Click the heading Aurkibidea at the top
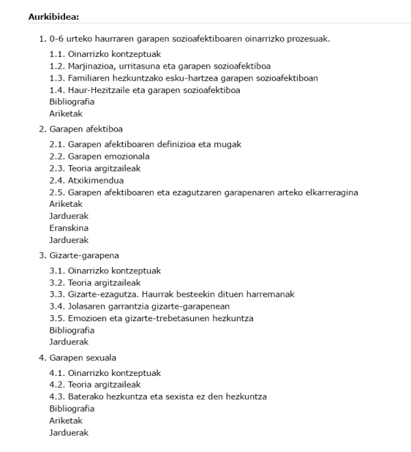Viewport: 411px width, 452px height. pos(54,16)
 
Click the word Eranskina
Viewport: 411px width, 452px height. pos(68,228)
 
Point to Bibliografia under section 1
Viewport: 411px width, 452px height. pos(72,101)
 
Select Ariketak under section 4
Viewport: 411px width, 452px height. pos(66,420)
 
